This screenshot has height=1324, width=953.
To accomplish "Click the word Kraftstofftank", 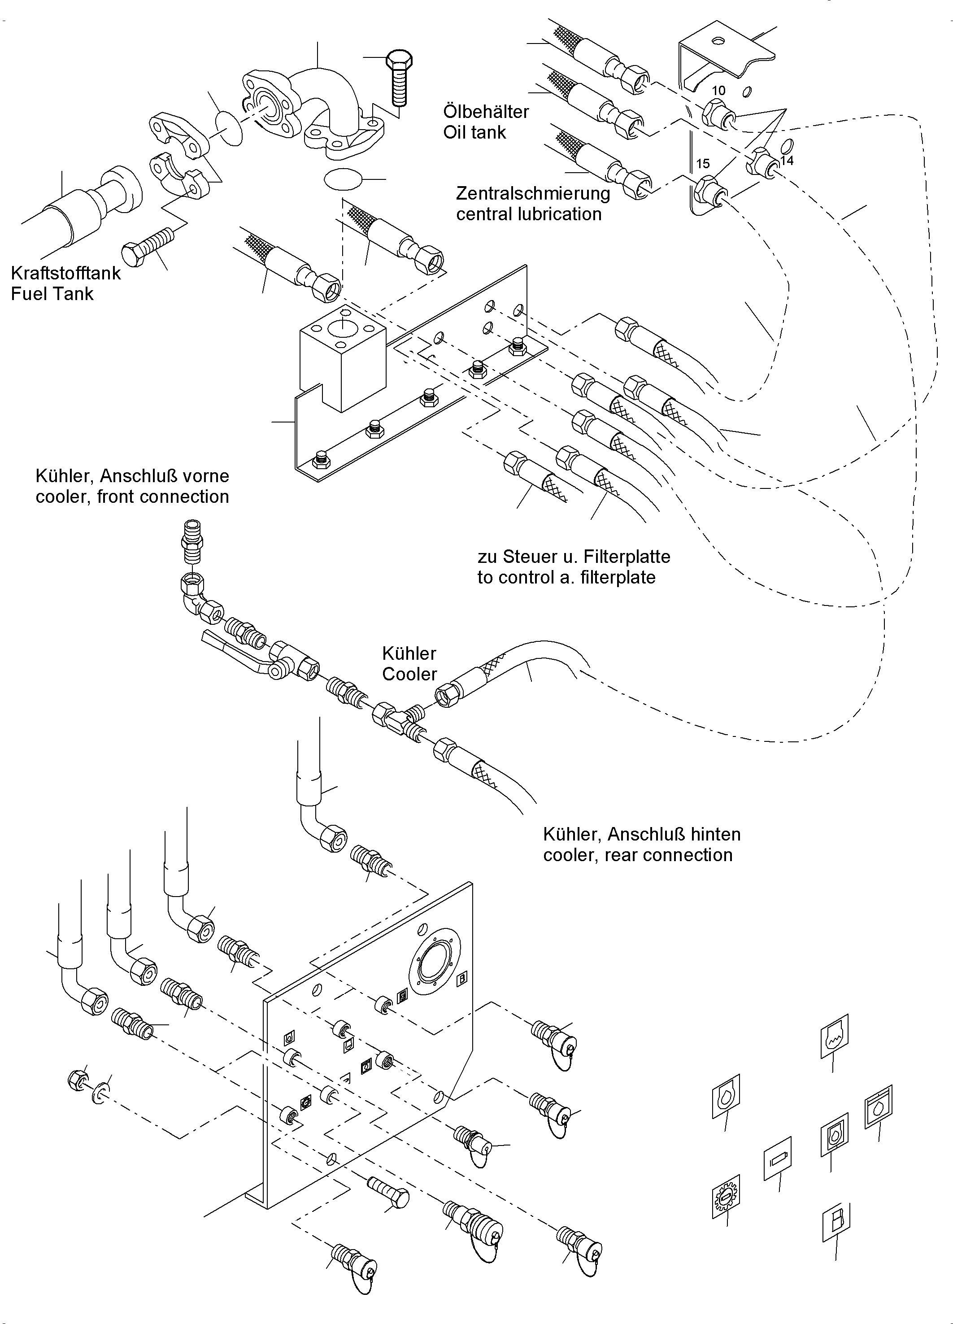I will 66,273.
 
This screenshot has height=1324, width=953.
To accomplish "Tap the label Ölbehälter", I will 486,112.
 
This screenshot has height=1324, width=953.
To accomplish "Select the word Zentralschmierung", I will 533,193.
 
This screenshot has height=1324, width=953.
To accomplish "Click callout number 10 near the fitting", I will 718,91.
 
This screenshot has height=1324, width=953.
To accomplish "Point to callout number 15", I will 703,163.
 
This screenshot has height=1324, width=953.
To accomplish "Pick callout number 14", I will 787,161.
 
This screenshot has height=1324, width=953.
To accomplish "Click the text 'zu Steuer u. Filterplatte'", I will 574,556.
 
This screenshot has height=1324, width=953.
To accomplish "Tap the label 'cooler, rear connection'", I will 637,855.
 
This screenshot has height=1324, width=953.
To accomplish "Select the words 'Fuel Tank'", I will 52,294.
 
